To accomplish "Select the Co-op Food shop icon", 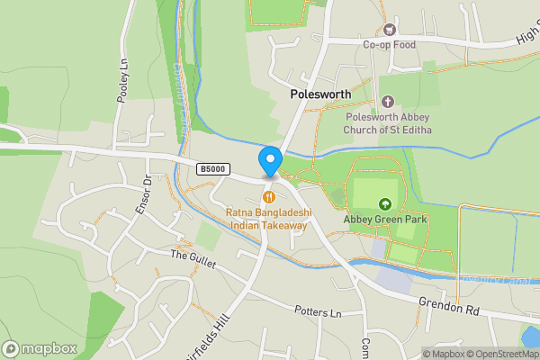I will (389, 29).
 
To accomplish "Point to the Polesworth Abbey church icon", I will (388, 102).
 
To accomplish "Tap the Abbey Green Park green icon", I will (385, 203).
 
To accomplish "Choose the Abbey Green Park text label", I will (385, 219).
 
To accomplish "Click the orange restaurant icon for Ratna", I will (267, 197).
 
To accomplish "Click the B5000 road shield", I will (213, 169).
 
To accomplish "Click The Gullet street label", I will (191, 256).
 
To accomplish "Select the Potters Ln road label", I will (319, 312).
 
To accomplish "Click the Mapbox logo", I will (40, 348).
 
